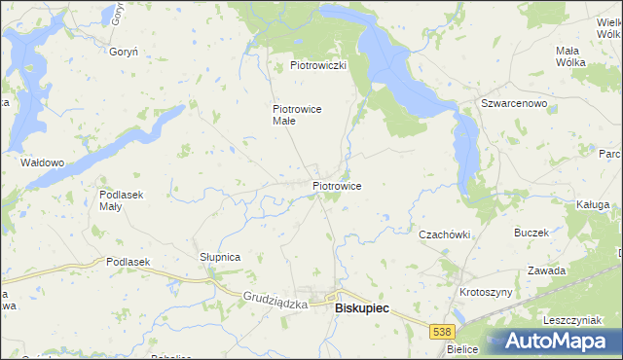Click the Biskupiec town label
(x=361, y=307)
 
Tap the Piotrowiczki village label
(x=318, y=65)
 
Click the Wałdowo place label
(x=42, y=162)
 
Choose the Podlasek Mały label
(x=122, y=199)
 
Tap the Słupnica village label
(x=220, y=256)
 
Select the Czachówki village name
(x=445, y=234)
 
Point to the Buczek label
(x=531, y=233)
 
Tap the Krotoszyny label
(x=486, y=292)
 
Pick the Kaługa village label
(x=592, y=204)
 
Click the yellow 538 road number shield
(x=442, y=332)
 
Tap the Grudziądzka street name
(x=275, y=303)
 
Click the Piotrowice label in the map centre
(x=338, y=185)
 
